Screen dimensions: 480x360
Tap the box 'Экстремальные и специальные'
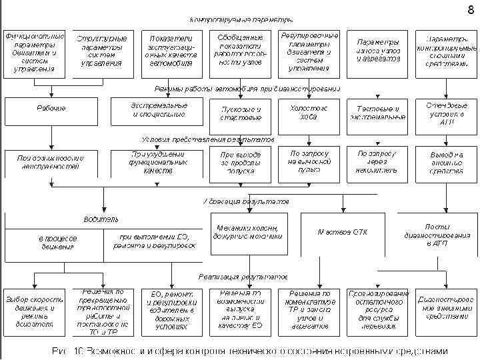[x=158, y=110]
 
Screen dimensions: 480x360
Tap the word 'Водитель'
[x=101, y=219]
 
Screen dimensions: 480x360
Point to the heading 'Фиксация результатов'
[x=246, y=201]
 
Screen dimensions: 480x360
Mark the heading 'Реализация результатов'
[x=243, y=276]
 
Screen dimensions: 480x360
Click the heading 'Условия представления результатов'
[x=208, y=139]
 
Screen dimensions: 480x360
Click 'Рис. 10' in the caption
[x=67, y=351]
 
